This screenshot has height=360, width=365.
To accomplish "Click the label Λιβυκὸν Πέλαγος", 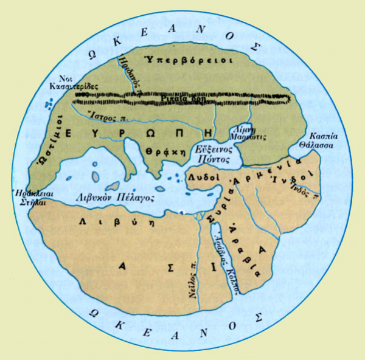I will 111,198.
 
